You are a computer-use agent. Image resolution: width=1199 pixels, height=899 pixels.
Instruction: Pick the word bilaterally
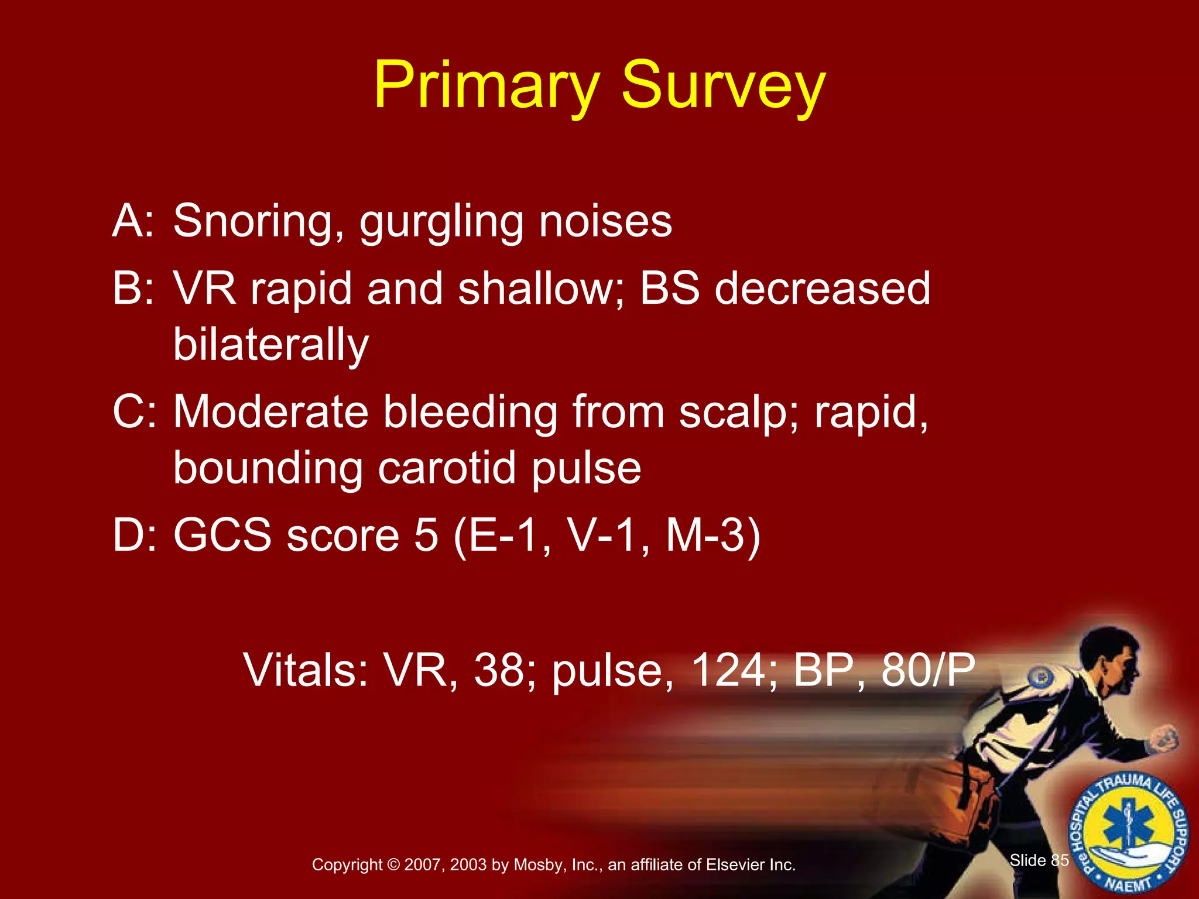pos(271,345)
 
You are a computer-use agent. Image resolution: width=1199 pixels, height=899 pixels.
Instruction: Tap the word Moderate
pos(270,412)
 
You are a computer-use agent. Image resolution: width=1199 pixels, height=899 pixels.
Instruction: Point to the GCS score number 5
pos(426,535)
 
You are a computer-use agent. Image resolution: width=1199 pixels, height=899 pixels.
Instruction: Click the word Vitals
pos(305,670)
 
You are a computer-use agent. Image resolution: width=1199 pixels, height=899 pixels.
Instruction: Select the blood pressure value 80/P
pos(927,670)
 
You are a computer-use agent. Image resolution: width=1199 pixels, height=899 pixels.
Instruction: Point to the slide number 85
pos(1060,860)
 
